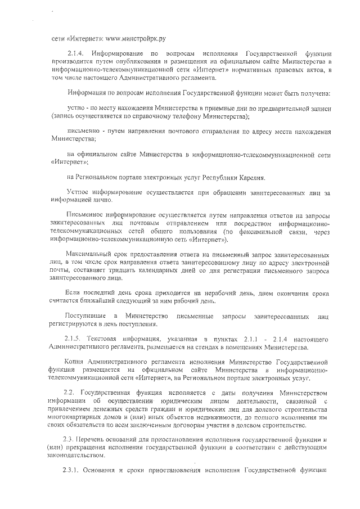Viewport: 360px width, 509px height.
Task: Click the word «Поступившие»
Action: tap(85, 314)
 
